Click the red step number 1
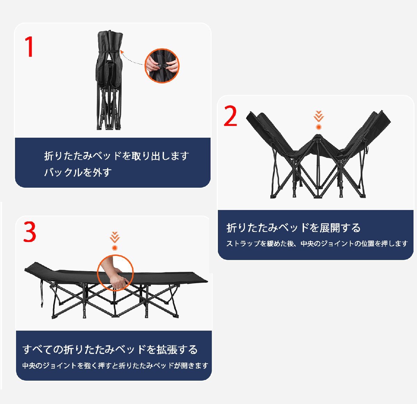point(29,47)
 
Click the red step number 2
point(230,116)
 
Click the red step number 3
point(30,232)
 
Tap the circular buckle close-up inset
point(162,65)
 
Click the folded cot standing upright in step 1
point(108,80)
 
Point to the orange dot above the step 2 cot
point(318,127)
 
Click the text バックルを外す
point(78,172)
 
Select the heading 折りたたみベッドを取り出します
point(116,156)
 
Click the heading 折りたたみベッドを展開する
point(294,228)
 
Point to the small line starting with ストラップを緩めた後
point(317,244)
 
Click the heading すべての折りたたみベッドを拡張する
point(110,349)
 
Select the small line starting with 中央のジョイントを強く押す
point(115,366)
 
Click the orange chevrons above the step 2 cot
point(318,116)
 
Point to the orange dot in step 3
point(115,248)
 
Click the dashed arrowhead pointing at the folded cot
point(122,51)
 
